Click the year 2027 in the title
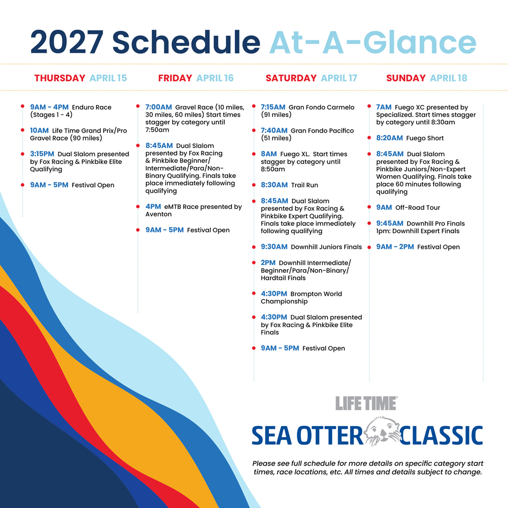(67, 42)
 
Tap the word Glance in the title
(420, 42)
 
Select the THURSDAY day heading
(60, 78)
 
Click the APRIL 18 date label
(449, 78)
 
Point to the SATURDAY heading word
(291, 78)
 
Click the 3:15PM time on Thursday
(42, 154)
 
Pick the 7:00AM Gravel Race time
(159, 107)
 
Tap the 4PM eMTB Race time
(153, 206)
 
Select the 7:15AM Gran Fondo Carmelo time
(273, 107)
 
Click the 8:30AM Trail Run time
(274, 185)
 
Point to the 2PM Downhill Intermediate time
(268, 262)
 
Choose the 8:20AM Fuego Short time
(389, 138)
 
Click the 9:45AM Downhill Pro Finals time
(390, 223)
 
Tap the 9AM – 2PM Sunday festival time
(395, 246)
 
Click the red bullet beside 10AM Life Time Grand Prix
(23, 130)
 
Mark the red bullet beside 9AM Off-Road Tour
(369, 207)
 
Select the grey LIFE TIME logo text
(366, 404)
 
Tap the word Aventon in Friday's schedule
(159, 214)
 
